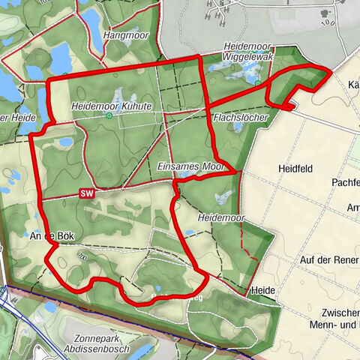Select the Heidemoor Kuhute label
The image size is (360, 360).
[112, 106]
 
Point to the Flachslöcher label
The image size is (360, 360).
[236, 118]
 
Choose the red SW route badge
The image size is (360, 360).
[87, 193]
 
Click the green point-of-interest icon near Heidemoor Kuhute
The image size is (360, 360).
[109, 116]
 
